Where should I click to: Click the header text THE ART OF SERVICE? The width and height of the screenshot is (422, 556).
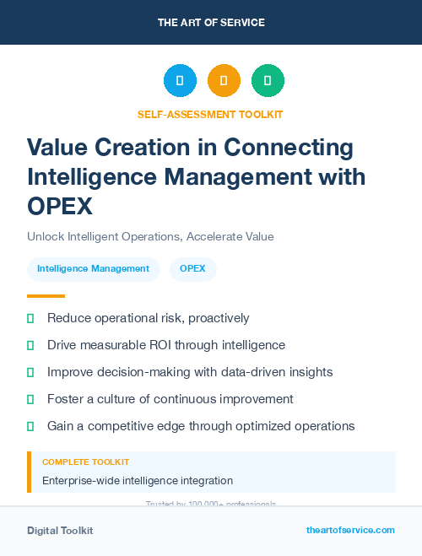[x=210, y=22]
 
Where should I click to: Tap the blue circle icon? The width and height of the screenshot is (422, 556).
[x=179, y=81]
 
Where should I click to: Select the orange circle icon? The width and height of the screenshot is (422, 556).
[x=224, y=81]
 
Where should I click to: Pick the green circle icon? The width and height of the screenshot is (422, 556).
[x=268, y=81]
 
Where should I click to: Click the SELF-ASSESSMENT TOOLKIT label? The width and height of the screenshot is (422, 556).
[x=210, y=114]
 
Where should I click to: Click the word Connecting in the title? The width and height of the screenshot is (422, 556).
[x=288, y=148]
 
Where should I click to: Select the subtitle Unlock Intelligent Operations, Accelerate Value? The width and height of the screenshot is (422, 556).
[x=150, y=236]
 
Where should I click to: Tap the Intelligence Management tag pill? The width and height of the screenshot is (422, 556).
[x=93, y=269]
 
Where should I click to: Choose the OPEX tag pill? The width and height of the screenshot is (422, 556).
[x=193, y=269]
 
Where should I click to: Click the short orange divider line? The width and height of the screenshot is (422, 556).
[x=46, y=296]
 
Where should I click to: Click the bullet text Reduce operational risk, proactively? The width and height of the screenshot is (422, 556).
[x=148, y=318]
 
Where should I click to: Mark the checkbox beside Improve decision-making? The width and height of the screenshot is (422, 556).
[x=30, y=372]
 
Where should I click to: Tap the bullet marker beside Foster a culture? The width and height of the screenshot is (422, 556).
[x=30, y=399]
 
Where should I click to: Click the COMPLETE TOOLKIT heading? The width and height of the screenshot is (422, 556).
[x=85, y=462]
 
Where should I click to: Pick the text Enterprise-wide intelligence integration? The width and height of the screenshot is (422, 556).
[x=138, y=481]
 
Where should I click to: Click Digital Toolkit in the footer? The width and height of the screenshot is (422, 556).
[x=60, y=530]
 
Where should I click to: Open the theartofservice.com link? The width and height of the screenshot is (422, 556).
[x=350, y=530]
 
